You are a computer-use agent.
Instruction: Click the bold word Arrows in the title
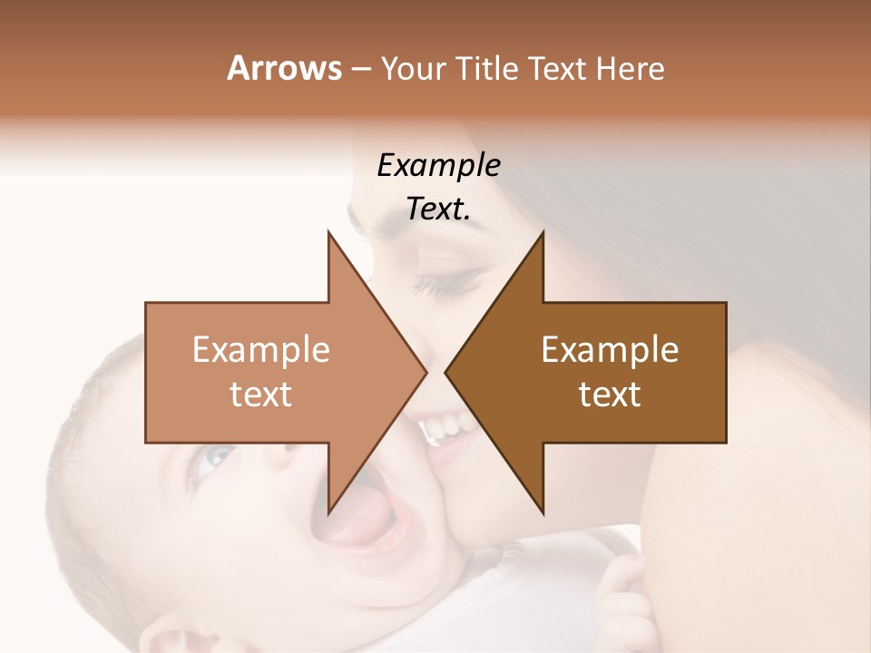tap(284, 68)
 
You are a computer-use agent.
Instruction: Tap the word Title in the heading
tap(485, 68)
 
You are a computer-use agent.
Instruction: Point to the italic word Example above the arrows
tap(438, 166)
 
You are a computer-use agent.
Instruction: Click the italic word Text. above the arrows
tap(438, 210)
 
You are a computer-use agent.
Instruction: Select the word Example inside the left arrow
tap(261, 350)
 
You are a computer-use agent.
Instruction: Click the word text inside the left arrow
tap(261, 395)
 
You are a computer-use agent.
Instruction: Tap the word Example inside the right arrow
tap(610, 350)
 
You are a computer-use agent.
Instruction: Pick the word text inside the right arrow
tap(610, 395)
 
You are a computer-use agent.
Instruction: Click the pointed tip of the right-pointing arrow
tap(426, 372)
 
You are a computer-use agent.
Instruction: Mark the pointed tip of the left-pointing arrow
tap(445, 372)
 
